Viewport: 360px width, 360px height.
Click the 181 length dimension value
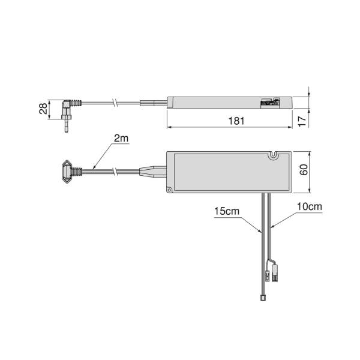click(x=236, y=121)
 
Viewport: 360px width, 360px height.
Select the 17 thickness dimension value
click(x=302, y=121)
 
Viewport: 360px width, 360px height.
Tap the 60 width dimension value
click(x=304, y=170)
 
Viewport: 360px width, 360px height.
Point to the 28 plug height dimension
click(x=43, y=109)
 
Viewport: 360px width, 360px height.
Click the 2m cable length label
click(x=121, y=138)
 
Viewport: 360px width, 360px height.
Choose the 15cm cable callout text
click(x=227, y=211)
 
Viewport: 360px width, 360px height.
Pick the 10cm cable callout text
click(x=310, y=206)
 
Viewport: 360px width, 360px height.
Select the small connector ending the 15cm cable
click(x=263, y=298)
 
